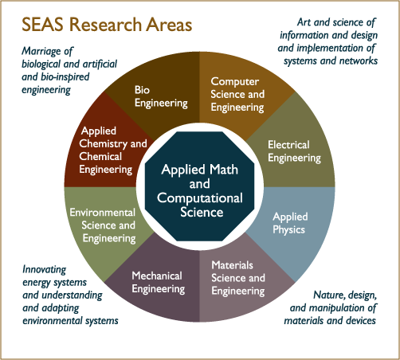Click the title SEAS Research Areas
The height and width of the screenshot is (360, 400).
point(107,25)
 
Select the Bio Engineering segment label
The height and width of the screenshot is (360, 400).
point(161,97)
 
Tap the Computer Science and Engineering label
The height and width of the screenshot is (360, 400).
point(237,95)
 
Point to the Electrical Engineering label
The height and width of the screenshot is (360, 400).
point(294,151)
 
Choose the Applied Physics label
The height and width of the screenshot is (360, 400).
point(290,224)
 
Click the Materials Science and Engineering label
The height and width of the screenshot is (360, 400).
point(238,279)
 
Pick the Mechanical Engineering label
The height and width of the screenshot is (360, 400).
point(159,283)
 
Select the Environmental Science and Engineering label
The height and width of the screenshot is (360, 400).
point(103,226)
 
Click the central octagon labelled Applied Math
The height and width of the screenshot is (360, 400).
point(199,186)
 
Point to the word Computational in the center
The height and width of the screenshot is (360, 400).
point(200,198)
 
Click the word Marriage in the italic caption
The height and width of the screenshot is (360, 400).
point(41,51)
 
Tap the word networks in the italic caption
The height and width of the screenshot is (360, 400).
point(359,61)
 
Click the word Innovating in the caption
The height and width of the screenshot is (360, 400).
point(45,270)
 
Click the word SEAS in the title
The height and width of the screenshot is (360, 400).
point(43,25)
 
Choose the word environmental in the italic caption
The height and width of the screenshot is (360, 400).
point(52,321)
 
